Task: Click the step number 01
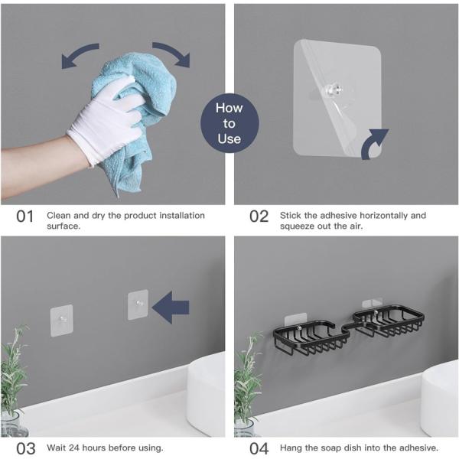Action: [25, 216]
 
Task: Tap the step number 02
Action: [259, 216]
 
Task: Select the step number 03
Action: [26, 448]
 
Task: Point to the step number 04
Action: [259, 448]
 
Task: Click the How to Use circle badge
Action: [229, 123]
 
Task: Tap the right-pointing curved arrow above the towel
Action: [174, 53]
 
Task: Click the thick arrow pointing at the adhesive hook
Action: [171, 308]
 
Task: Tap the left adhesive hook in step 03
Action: [61, 321]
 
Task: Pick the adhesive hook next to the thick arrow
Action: [138, 304]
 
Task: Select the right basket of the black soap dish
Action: [389, 321]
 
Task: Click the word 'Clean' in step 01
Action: [59, 216]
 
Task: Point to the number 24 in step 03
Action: [74, 448]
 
